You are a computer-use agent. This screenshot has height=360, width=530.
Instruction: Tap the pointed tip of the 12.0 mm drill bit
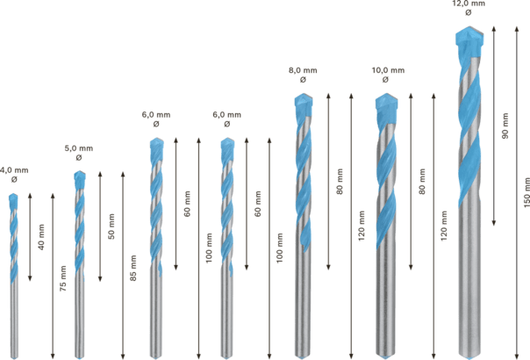pos(470,29)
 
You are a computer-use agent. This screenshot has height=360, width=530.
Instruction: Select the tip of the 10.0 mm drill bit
pos(385,94)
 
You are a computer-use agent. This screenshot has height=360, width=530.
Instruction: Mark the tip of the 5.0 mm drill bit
pos(78,173)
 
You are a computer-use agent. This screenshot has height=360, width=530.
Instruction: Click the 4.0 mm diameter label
pos(13,169)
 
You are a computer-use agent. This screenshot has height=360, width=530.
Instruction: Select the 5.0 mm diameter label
pos(79,148)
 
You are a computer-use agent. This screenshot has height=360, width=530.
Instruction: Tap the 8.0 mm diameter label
pos(303,69)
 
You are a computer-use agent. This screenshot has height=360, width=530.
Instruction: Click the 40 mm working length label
pos(41,237)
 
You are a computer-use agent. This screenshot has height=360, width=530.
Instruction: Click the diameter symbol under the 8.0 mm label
pos(303,80)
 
